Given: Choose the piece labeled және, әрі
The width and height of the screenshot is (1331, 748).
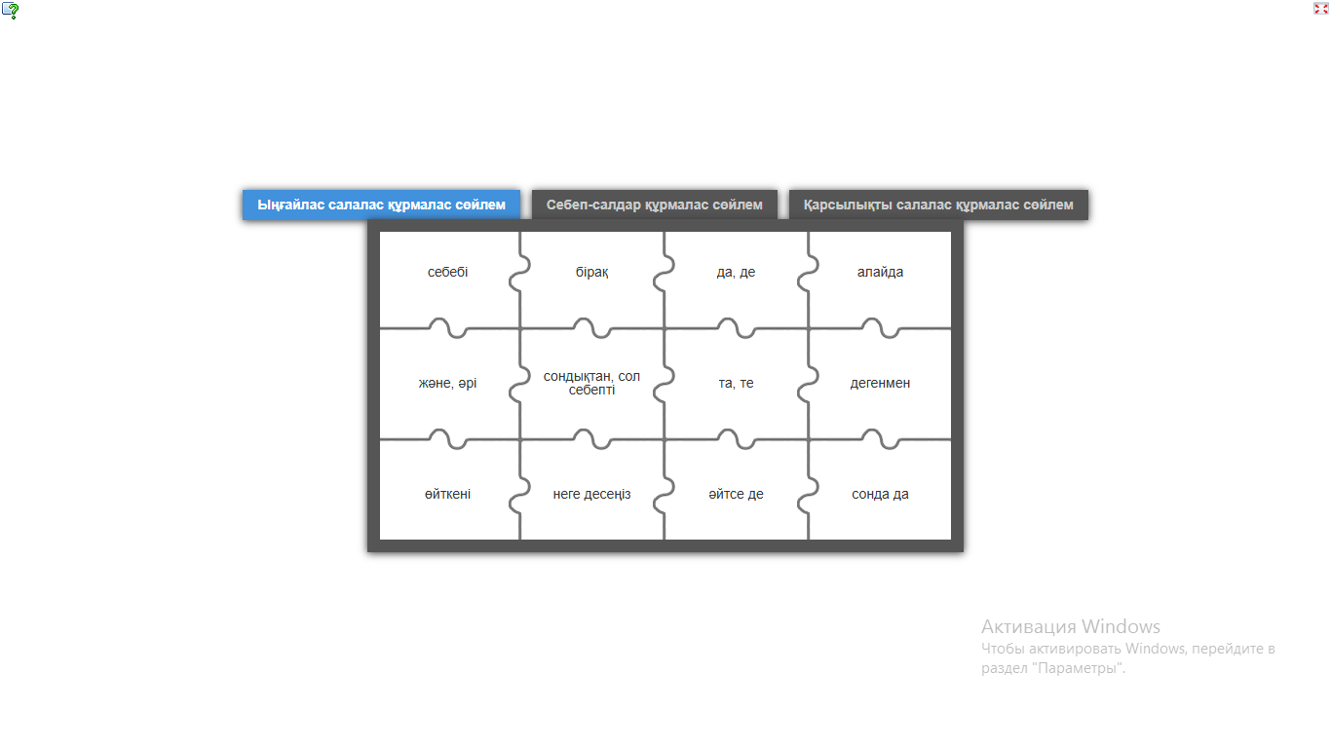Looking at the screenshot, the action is coord(448,383).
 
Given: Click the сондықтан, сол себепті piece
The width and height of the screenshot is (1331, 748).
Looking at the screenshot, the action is coord(591,383).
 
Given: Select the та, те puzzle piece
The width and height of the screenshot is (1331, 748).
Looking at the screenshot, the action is coord(736,383).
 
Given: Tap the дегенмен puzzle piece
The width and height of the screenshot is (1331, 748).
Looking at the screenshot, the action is coord(880,383).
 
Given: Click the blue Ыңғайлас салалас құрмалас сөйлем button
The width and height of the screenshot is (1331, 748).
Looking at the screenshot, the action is coord(382,205).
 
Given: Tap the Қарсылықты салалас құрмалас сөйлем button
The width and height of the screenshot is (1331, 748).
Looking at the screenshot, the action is coord(939,205).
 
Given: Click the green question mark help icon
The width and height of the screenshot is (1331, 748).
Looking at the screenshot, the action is coord(11,11).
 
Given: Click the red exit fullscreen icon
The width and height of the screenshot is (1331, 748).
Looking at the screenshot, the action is coord(1320,9).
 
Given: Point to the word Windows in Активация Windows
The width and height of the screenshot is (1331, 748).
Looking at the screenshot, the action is coord(1121,627).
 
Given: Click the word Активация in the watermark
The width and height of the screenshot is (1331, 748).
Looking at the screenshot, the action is coord(1029,627).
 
